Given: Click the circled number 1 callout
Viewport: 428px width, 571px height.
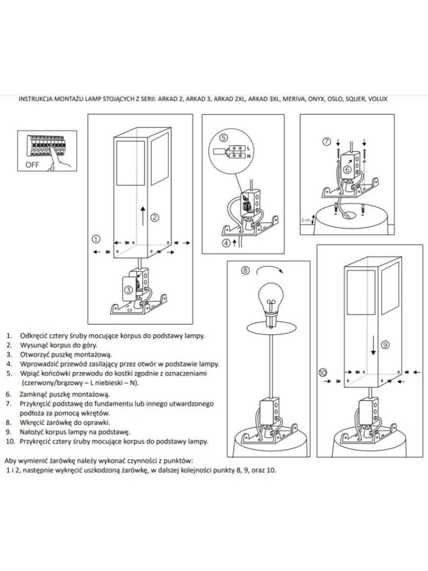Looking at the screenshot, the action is (x=96, y=239).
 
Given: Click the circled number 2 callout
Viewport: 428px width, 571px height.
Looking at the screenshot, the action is (x=155, y=218).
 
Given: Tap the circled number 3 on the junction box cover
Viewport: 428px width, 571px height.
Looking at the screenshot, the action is (x=128, y=290).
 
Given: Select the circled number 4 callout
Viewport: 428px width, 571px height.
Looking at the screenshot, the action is (x=226, y=243).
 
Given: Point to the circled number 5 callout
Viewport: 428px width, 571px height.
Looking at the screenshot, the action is (x=223, y=138).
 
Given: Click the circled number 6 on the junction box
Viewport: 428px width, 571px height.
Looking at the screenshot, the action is (x=347, y=170).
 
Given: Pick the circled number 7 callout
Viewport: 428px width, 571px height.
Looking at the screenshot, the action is (x=327, y=141).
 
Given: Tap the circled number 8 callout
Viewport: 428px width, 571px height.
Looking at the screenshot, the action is (x=246, y=270).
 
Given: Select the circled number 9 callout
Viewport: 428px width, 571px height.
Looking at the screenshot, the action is (x=385, y=344).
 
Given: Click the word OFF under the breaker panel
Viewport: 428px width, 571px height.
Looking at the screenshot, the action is (x=32, y=165).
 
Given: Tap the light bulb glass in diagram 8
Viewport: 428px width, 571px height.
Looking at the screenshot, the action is (x=271, y=298).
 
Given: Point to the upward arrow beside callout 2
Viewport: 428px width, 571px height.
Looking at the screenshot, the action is (x=143, y=216).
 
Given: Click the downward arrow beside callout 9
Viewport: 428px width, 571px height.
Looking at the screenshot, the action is (x=373, y=346).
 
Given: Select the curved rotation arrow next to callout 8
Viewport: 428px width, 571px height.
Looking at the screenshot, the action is (x=269, y=269).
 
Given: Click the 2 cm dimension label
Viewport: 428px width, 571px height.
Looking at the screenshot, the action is (x=305, y=220).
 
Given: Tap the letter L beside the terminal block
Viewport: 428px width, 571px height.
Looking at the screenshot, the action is (x=249, y=149).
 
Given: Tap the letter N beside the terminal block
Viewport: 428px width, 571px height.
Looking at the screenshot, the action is (x=249, y=156).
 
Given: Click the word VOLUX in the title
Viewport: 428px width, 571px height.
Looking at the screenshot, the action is (x=377, y=99).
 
